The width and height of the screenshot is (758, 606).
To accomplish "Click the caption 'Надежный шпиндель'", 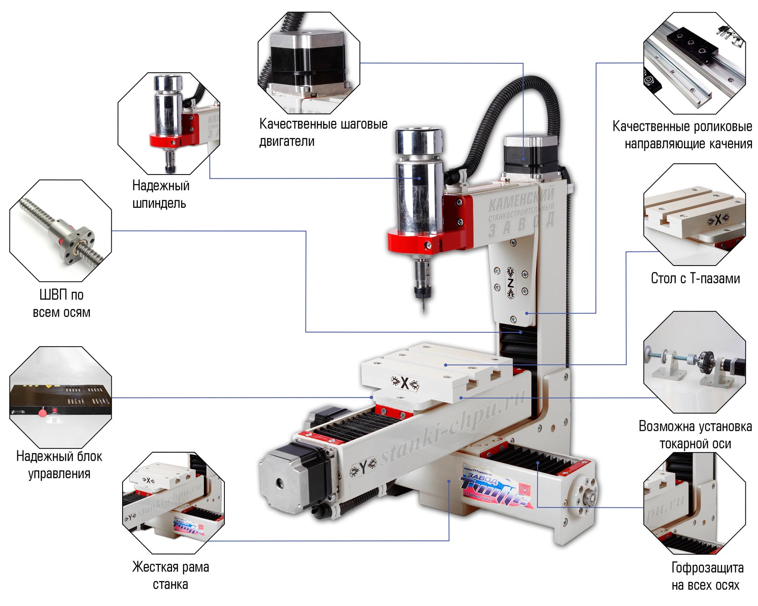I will [x=161, y=194].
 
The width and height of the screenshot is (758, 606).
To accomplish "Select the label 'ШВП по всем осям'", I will [x=62, y=304].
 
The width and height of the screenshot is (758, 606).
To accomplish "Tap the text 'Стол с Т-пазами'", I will [x=695, y=279].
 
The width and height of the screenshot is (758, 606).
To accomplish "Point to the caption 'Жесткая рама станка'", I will [x=170, y=576].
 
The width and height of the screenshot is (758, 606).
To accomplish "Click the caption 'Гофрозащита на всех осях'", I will [x=707, y=577].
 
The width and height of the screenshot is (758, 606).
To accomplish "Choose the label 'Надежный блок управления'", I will [x=59, y=465].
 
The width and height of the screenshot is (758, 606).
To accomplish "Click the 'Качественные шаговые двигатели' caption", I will [x=323, y=133].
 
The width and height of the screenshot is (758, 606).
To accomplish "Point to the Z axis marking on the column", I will [x=510, y=283].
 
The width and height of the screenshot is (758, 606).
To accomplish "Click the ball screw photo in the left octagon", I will [x=61, y=230].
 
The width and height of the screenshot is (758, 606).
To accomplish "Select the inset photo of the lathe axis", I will [x=694, y=362].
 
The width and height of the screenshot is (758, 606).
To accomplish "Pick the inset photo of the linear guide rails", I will [x=694, y=63].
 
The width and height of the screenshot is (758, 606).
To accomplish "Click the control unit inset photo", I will [x=60, y=397].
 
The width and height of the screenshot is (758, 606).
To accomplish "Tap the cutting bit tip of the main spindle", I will [x=423, y=310].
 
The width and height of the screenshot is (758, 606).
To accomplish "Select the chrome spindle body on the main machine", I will [x=419, y=182].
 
